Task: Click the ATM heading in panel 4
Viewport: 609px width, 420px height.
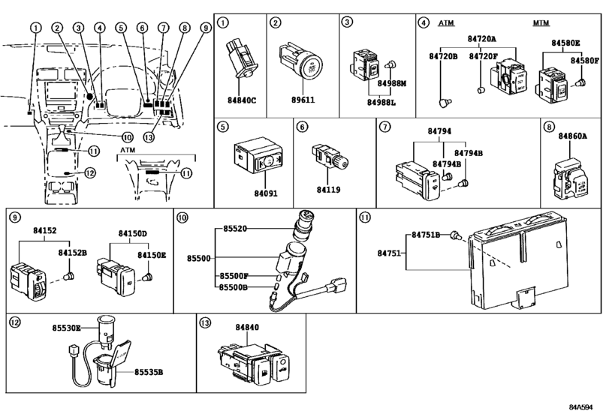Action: (x=446, y=23)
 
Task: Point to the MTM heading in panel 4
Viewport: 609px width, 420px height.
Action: (x=541, y=23)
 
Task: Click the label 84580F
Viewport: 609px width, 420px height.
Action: (x=584, y=59)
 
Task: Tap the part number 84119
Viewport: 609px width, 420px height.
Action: (x=330, y=190)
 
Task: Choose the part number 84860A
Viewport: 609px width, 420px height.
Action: (x=572, y=136)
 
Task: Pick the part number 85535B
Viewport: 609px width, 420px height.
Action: (x=149, y=371)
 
